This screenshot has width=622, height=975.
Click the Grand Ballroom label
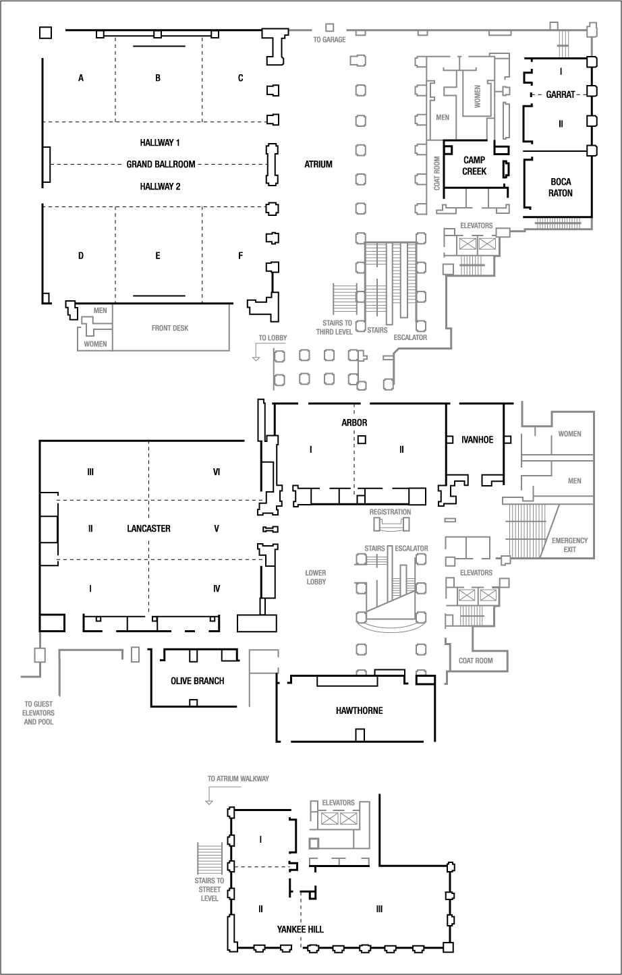pyautogui.click(x=161, y=164)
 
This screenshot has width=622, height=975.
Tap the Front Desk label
pyautogui.click(x=170, y=329)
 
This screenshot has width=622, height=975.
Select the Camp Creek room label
pyautogui.click(x=474, y=165)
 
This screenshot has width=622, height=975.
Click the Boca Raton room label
pyautogui.click(x=561, y=187)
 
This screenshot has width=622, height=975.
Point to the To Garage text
pyautogui.click(x=329, y=40)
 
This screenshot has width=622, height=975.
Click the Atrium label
pyautogui.click(x=318, y=164)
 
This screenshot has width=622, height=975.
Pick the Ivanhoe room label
pyautogui.click(x=477, y=440)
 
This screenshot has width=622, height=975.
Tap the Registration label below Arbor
pyautogui.click(x=390, y=512)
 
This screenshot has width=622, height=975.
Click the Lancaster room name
pyautogui.click(x=148, y=528)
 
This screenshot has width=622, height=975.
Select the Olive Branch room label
pyautogui.click(x=197, y=681)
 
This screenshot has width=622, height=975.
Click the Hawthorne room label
pyautogui.click(x=359, y=711)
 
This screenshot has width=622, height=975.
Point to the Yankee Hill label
pyautogui.click(x=300, y=929)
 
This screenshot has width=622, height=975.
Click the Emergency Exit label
pyautogui.click(x=569, y=545)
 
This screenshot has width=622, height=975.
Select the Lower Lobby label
pyautogui.click(x=316, y=578)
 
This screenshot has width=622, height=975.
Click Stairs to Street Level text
pyautogui.click(x=210, y=889)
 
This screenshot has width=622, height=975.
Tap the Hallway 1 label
pyautogui.click(x=160, y=143)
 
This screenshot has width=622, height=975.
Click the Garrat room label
pyautogui.click(x=561, y=94)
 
